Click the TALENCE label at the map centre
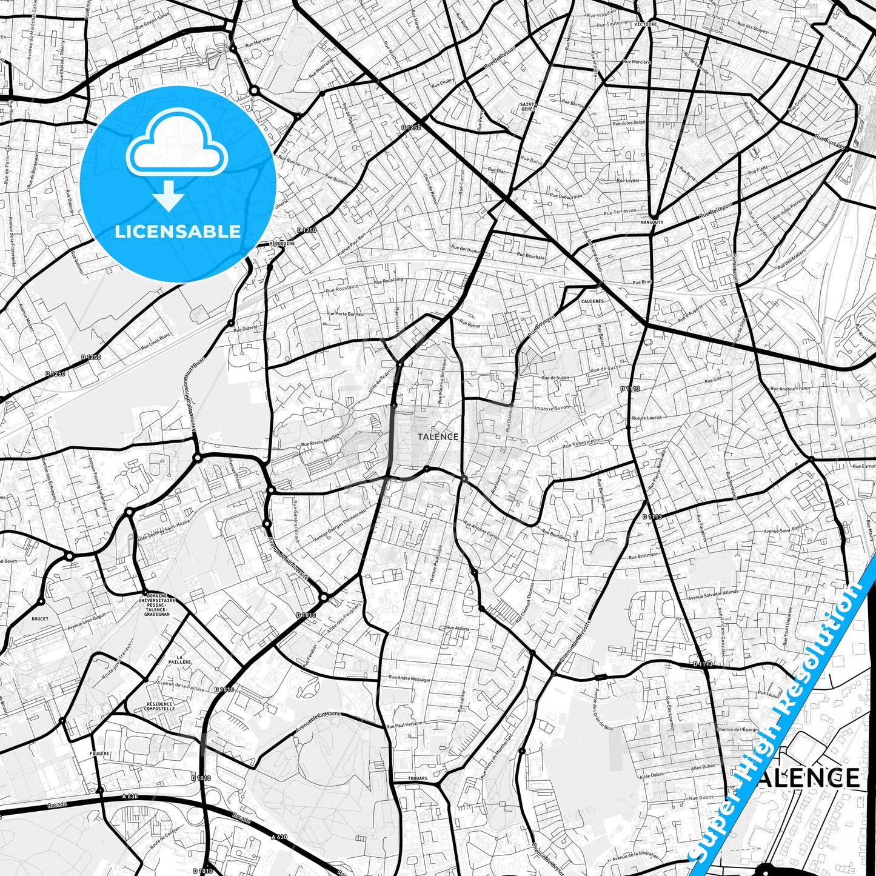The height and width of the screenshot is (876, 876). click(x=438, y=436)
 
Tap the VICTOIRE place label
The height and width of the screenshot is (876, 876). click(x=646, y=24)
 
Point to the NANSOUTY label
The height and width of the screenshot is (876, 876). click(x=652, y=222)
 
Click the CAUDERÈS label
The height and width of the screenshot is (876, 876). click(x=592, y=301)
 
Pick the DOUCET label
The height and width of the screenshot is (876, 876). click(x=39, y=619)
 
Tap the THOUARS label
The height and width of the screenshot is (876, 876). click(x=417, y=778)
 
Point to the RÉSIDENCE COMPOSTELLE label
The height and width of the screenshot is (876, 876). click(x=159, y=706)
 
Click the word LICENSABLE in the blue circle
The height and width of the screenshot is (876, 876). click(x=178, y=232)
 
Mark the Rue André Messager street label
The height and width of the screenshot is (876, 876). click(x=409, y=679)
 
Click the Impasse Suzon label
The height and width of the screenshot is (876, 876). click(x=552, y=408)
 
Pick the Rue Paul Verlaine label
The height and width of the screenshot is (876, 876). click(x=404, y=724)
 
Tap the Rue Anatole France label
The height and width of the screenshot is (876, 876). click(x=790, y=389)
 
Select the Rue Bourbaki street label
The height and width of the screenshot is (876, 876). click(x=531, y=256)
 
